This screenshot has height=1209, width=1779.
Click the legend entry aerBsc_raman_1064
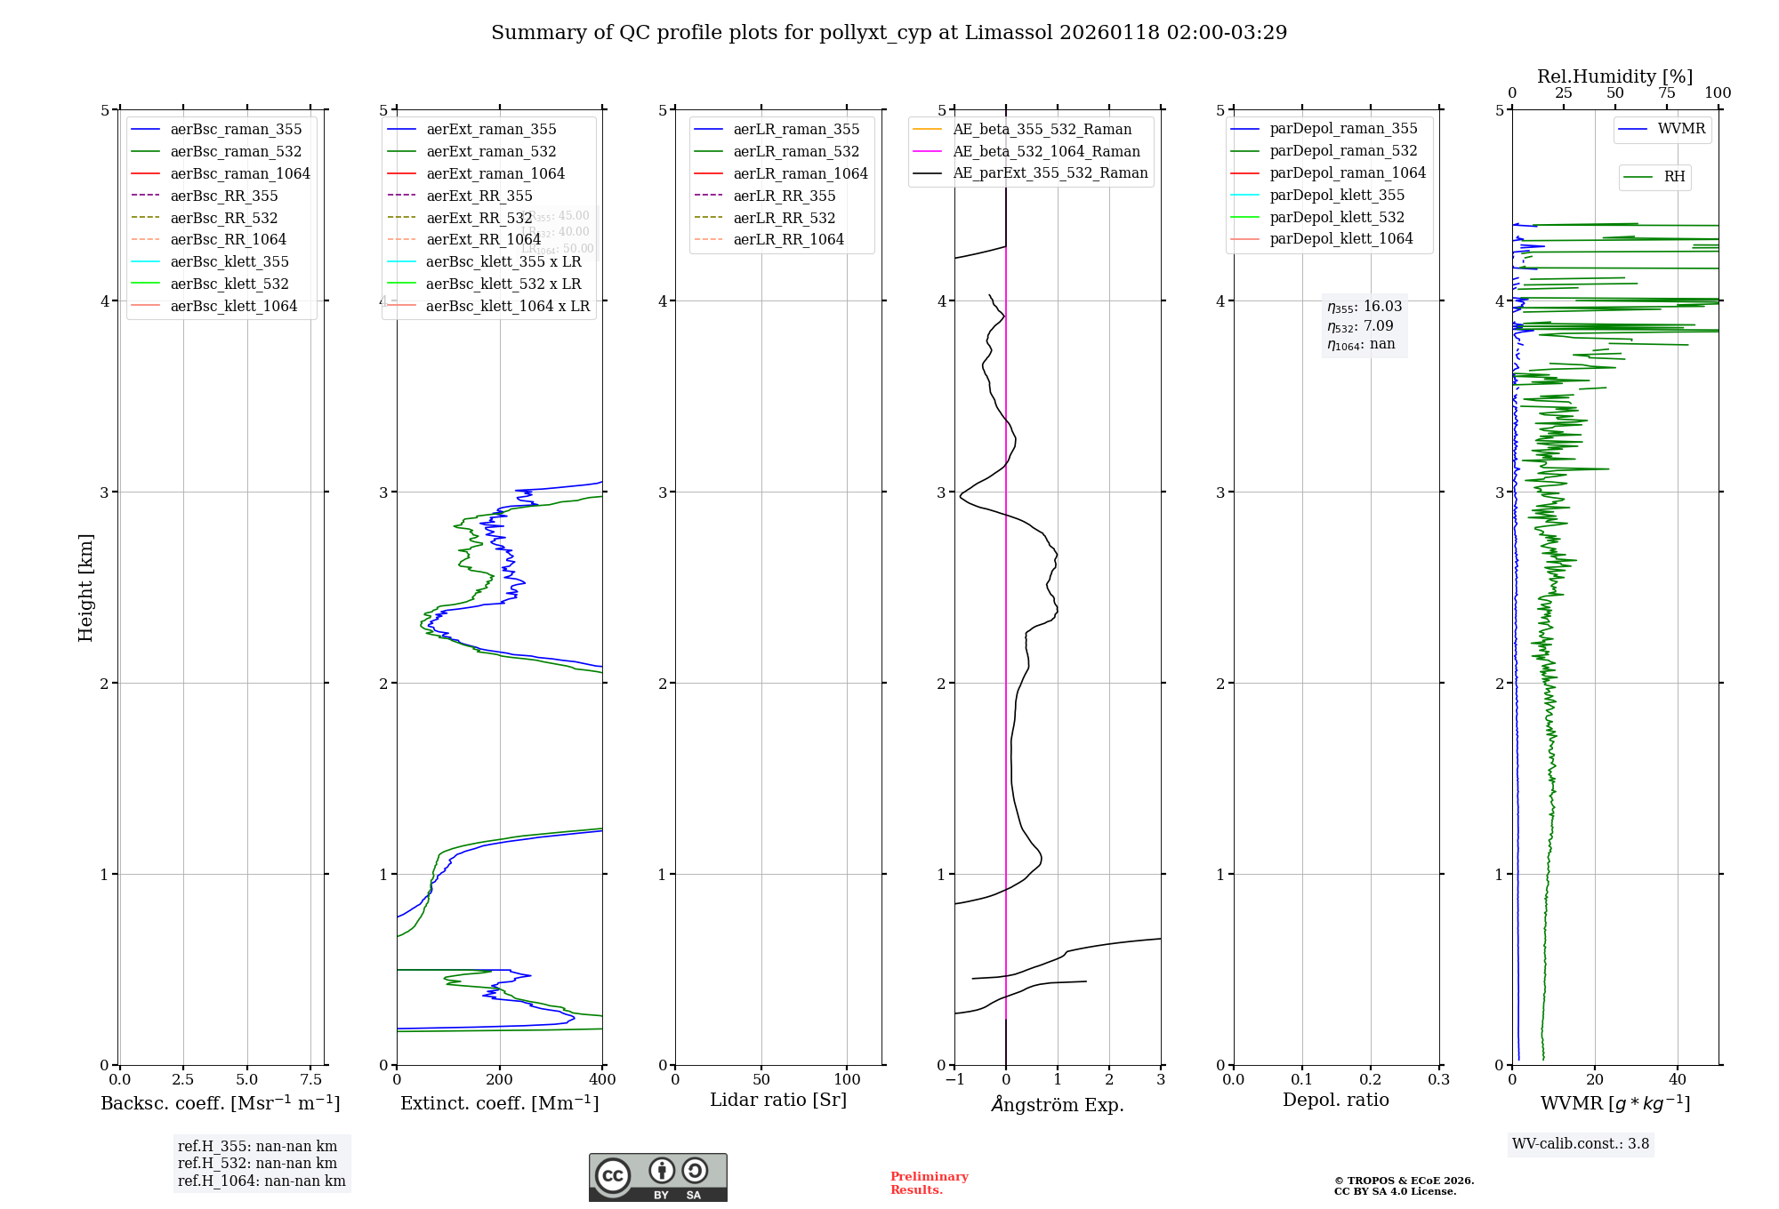pyautogui.click(x=240, y=173)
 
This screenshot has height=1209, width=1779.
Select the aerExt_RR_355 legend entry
pyautogui.click(x=479, y=196)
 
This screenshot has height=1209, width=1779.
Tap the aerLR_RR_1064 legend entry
pyautogui.click(x=788, y=239)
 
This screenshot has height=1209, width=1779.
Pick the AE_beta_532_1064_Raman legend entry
pyautogui.click(x=1046, y=151)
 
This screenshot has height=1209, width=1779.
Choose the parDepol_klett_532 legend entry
pyautogui.click(x=1337, y=217)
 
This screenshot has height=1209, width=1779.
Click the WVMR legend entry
pyautogui.click(x=1681, y=129)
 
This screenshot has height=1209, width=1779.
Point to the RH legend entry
pyautogui.click(x=1674, y=177)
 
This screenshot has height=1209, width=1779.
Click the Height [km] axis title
pyautogui.click(x=85, y=588)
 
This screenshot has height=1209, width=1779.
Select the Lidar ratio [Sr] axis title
pyautogui.click(x=778, y=1101)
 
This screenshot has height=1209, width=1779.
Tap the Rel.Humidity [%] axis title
pyautogui.click(x=1614, y=76)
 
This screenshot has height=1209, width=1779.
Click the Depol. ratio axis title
pyautogui.click(x=1335, y=1101)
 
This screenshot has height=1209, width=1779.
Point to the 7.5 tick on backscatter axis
pyautogui.click(x=310, y=1080)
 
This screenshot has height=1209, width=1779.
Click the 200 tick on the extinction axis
pyautogui.click(x=500, y=1080)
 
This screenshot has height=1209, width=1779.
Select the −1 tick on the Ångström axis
pyautogui.click(x=954, y=1080)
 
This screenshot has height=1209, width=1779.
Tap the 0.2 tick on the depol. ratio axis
pyautogui.click(x=1371, y=1080)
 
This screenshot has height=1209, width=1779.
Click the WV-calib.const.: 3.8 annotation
pyautogui.click(x=1581, y=1144)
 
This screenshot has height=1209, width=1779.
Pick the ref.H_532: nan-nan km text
pyautogui.click(x=257, y=1164)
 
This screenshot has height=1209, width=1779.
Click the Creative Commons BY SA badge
pyautogui.click(x=657, y=1178)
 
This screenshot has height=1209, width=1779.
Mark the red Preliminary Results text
pyautogui.click(x=929, y=1183)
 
